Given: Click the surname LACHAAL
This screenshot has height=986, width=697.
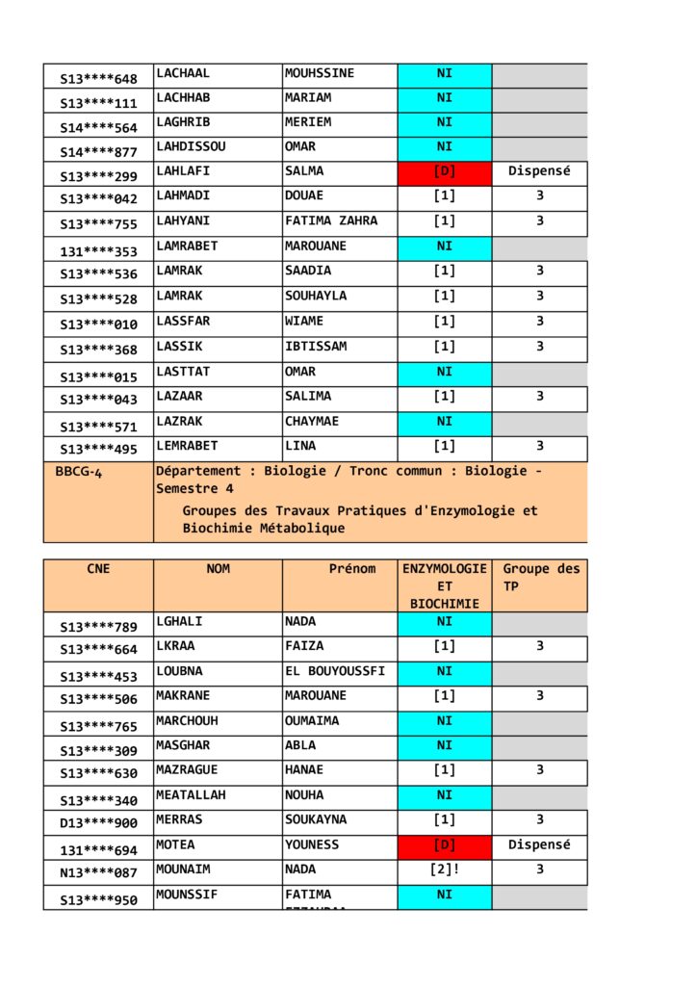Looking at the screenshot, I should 183,73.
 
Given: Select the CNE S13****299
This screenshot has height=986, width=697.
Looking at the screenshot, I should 98,176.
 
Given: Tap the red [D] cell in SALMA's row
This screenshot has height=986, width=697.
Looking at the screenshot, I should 444,171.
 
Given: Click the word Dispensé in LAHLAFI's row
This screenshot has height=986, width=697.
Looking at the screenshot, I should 539,171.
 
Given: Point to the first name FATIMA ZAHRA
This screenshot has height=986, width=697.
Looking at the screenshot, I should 331,221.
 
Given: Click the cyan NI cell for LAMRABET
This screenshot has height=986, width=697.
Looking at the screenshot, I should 444,246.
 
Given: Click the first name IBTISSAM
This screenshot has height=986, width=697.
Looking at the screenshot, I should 316,346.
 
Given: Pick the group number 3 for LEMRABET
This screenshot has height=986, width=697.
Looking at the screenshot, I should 539,446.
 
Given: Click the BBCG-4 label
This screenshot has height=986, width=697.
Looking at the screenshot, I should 80,473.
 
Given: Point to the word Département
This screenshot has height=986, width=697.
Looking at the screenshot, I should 199,471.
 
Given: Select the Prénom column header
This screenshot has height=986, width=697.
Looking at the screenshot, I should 352,569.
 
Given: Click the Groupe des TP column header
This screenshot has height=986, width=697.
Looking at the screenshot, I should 541,577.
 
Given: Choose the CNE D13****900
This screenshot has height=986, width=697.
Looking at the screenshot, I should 98,823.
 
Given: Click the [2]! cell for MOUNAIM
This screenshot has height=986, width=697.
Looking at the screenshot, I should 444,869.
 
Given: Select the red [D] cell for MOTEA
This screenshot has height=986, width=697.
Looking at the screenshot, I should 444,845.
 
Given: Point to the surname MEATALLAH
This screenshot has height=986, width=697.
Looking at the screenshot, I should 193,795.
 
